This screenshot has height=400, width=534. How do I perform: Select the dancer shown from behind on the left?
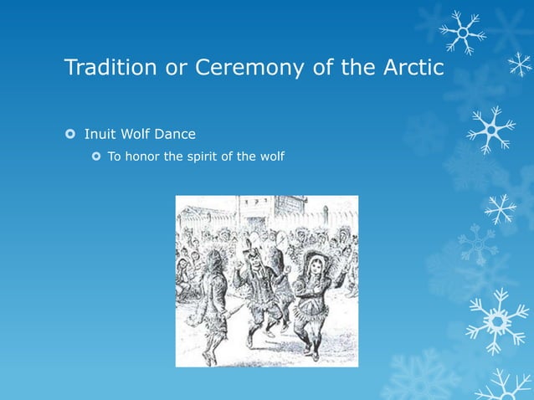click(211, 301)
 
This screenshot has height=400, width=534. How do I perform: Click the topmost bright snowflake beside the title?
click(462, 32)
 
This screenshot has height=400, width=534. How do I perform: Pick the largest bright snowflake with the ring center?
click(497, 320)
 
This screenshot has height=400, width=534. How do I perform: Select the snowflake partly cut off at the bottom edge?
click(506, 387)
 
